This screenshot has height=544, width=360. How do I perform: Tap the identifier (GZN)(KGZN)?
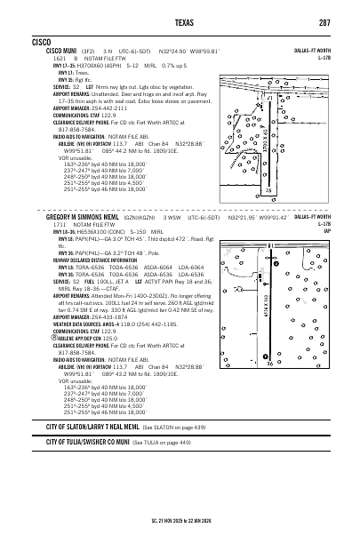(x=162, y=217)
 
